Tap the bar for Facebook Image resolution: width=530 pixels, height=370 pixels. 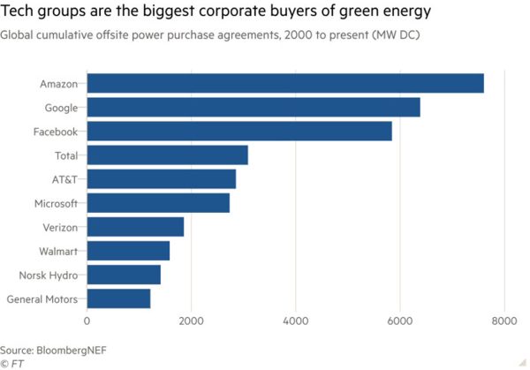[x=239, y=132]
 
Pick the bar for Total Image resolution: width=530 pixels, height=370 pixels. [x=167, y=155]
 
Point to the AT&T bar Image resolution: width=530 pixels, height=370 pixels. [x=161, y=179]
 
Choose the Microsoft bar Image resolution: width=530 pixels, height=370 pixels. [x=158, y=203]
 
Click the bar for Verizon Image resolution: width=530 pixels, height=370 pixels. [x=135, y=227]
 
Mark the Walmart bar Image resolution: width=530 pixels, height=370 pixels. [x=128, y=251]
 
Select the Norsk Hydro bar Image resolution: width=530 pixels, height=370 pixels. [x=124, y=275]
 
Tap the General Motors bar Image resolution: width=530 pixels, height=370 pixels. [x=118, y=298]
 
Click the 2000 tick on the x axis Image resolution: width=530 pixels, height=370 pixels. [x=191, y=322]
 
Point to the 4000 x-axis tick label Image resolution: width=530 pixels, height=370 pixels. [x=295, y=322]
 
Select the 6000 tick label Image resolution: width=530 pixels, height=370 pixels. [x=399, y=322]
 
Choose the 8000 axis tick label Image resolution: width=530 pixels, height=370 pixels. [x=503, y=322]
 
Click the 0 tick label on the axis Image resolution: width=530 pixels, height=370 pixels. [x=87, y=322]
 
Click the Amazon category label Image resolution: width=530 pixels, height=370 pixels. [x=58, y=85]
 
